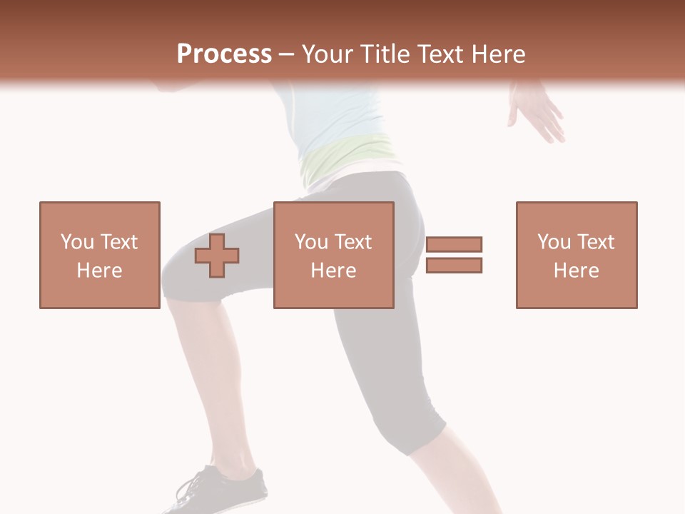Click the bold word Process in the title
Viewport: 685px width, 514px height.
click(224, 54)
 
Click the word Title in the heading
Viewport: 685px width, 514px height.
click(386, 54)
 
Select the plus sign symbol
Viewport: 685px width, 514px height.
click(217, 256)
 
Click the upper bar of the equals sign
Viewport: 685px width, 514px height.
click(454, 244)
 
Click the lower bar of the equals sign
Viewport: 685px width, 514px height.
click(454, 266)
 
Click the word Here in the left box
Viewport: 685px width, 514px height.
click(99, 271)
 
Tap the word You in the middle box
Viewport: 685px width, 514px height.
click(311, 242)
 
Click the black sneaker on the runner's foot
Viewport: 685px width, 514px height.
click(222, 490)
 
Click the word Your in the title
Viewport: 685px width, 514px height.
click(328, 54)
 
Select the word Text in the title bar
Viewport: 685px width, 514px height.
click(440, 54)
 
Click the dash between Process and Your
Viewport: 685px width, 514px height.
click(286, 54)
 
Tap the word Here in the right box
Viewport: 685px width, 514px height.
click(576, 271)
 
